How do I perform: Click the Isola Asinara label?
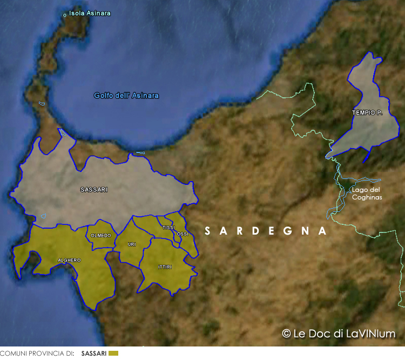pyautogui.click(x=90, y=13)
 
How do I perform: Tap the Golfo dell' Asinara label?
pyautogui.click(x=126, y=96)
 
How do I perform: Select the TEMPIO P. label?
pyautogui.click(x=367, y=112)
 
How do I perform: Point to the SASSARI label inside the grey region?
pyautogui.click(x=94, y=190)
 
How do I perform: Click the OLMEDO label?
pyautogui.click(x=101, y=236)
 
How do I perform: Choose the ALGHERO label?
pyautogui.click(x=69, y=261)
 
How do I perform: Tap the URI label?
pyautogui.click(x=132, y=245)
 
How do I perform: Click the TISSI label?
pyautogui.click(x=168, y=228)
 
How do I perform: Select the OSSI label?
pyautogui.click(x=183, y=234)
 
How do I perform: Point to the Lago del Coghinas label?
pyautogui.click(x=367, y=194)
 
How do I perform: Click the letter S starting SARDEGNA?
pyautogui.click(x=207, y=231)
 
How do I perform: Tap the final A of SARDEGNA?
pyautogui.click(x=323, y=231)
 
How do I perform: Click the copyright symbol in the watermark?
pyautogui.click(x=287, y=334)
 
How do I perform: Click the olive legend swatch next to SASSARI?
pyautogui.click(x=113, y=354)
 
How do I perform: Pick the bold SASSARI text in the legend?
pyautogui.click(x=94, y=354)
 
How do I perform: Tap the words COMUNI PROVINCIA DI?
pyautogui.click(x=37, y=354)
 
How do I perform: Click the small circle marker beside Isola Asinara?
pyautogui.click(x=65, y=15)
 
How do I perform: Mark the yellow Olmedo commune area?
pyautogui.click(x=100, y=242)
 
